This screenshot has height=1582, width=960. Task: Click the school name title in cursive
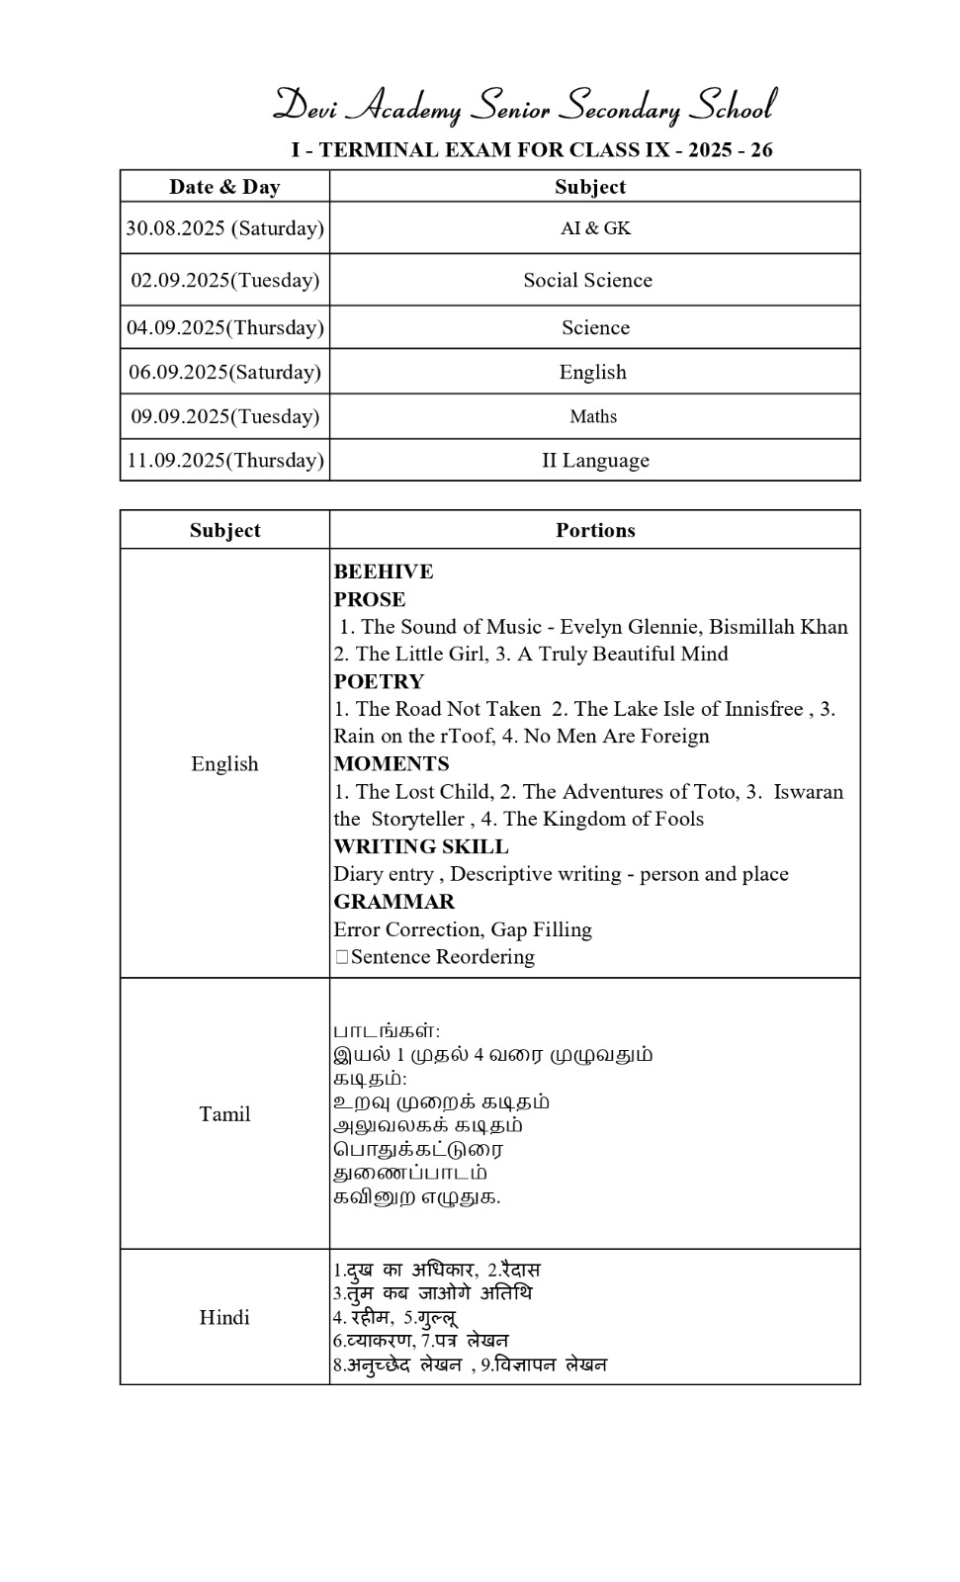[x=524, y=105]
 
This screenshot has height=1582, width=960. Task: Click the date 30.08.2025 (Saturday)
[x=224, y=228]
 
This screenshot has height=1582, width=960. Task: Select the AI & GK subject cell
[x=595, y=228]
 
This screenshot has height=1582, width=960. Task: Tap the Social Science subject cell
[x=588, y=280]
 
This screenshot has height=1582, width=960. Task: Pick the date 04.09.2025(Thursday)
[x=224, y=327]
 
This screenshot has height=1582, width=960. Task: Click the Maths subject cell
[x=593, y=416]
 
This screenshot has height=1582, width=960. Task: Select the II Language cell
[x=595, y=460]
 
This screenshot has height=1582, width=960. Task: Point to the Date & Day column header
[x=224, y=187]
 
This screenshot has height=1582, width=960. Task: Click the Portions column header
[x=595, y=530]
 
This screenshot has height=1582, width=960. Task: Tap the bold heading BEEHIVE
[x=384, y=571]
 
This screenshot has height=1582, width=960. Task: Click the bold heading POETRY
[x=379, y=681]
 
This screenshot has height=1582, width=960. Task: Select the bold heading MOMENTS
[x=392, y=763]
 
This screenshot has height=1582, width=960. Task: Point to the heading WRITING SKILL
[x=421, y=846]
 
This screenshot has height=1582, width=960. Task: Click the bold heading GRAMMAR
[x=394, y=902]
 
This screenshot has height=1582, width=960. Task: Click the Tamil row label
[x=224, y=1114]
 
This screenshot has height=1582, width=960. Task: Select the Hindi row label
[x=224, y=1317]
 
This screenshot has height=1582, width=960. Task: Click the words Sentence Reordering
[x=442, y=957]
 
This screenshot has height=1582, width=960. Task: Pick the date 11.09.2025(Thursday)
[x=224, y=460]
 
